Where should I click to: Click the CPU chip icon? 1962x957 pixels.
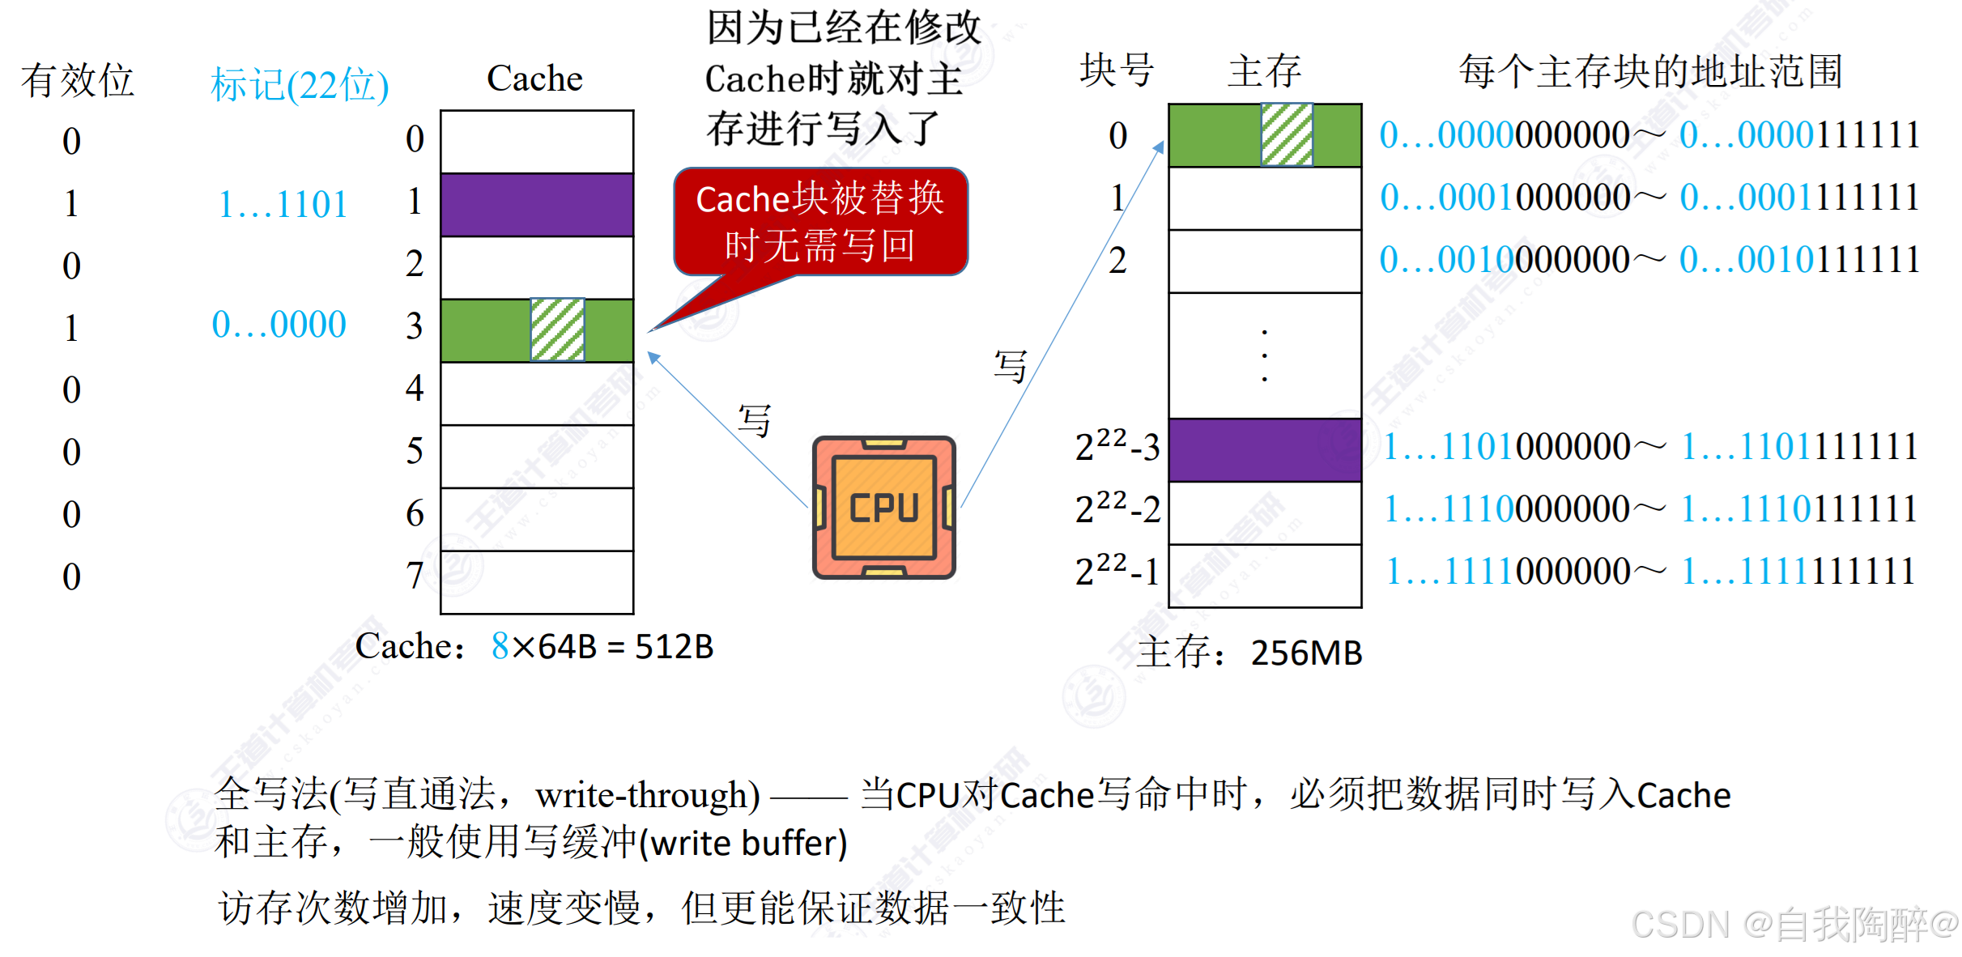[x=884, y=508]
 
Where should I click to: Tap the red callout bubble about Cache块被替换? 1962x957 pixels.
[x=820, y=221]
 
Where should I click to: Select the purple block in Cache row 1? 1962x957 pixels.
[x=537, y=204]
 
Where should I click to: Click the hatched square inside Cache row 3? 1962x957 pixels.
[x=557, y=330]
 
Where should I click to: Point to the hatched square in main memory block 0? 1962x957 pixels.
[x=1287, y=134]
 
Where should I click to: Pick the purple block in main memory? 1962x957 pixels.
[x=1265, y=449]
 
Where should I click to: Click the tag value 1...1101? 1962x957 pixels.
[x=283, y=204]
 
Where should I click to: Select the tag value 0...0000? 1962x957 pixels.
[x=279, y=325]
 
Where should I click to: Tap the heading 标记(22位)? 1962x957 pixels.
[x=300, y=84]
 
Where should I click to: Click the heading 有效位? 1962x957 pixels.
[x=77, y=80]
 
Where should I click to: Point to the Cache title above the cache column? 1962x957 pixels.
[x=534, y=79]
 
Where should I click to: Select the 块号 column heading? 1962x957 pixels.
[x=1117, y=71]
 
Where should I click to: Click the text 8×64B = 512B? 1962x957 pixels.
[x=602, y=646]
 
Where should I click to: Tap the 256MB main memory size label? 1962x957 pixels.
[x=1306, y=653]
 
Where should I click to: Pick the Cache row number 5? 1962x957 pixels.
[x=415, y=450]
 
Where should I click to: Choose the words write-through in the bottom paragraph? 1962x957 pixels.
[x=647, y=795]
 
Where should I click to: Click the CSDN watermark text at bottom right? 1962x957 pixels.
[x=1793, y=924]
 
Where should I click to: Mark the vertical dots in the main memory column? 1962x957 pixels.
[x=1265, y=355]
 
